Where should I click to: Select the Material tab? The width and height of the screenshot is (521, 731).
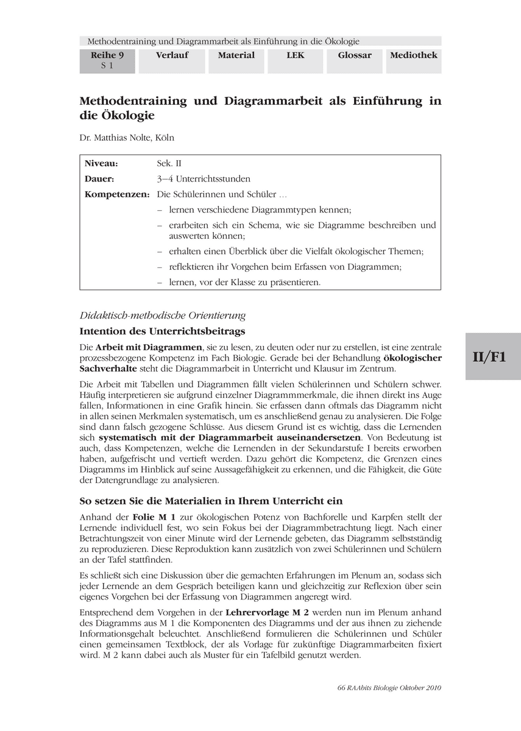pyautogui.click(x=236, y=55)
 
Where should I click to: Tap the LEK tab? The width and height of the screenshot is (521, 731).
pyautogui.click(x=295, y=55)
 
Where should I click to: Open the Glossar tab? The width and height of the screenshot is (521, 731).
pyautogui.click(x=354, y=55)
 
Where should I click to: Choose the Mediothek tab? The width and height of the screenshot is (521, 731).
pyautogui.click(x=413, y=55)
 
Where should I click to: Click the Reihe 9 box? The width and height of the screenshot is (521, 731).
pyautogui.click(x=107, y=60)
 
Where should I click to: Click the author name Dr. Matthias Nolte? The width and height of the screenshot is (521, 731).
pyautogui.click(x=126, y=138)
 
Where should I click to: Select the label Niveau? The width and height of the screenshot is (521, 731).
pyautogui.click(x=101, y=164)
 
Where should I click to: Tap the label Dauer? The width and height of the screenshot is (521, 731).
pyautogui.click(x=99, y=179)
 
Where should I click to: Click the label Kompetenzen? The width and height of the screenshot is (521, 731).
pyautogui.click(x=117, y=194)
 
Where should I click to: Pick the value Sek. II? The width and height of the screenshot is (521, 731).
pyautogui.click(x=169, y=164)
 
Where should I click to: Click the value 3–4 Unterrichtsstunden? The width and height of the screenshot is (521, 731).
pyautogui.click(x=204, y=179)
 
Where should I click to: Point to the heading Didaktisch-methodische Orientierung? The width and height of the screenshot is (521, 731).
pyautogui.click(x=163, y=316)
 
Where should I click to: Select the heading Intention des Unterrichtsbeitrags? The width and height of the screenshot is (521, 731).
pyautogui.click(x=162, y=331)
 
